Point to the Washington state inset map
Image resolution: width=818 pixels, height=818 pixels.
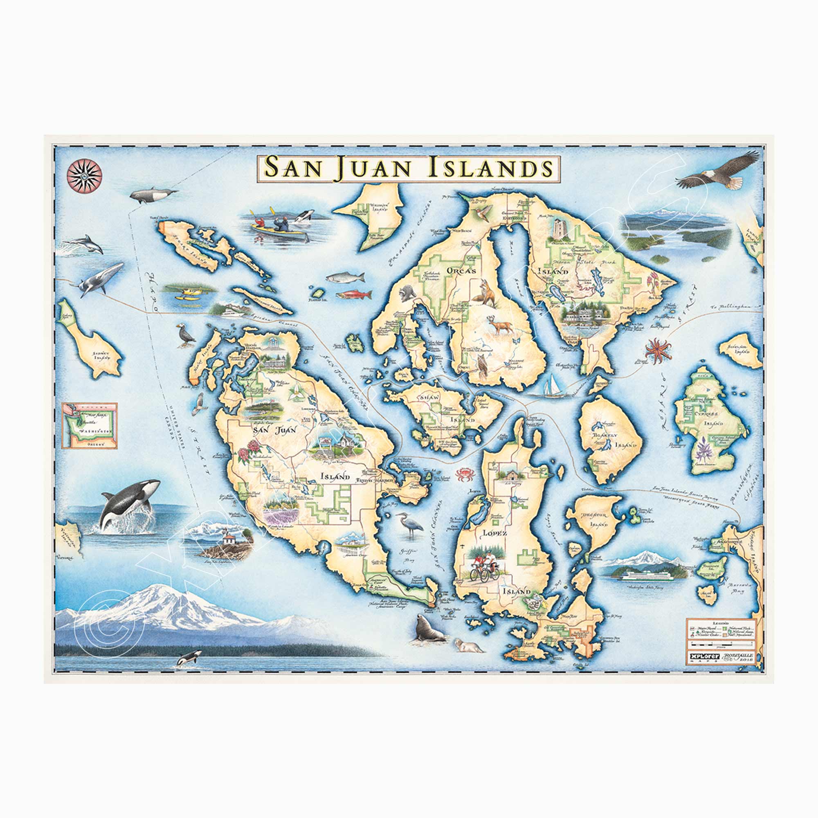pyautogui.click(x=89, y=425)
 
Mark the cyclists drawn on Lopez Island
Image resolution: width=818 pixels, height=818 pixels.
pyautogui.click(x=483, y=566)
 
